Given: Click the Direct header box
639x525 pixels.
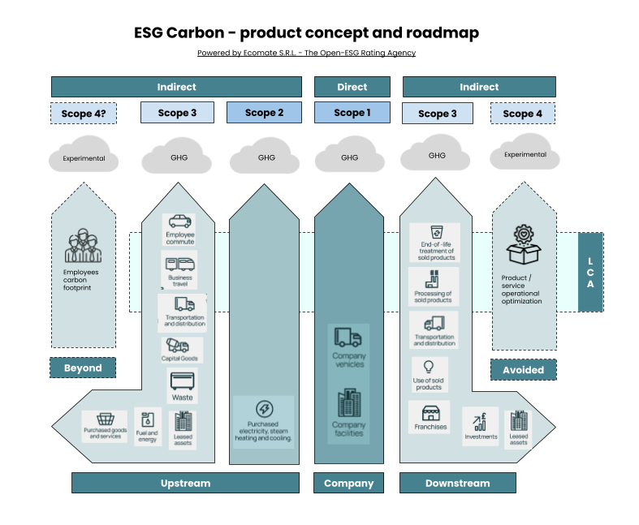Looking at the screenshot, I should point(352,87).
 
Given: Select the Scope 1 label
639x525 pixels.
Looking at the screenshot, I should point(352,113).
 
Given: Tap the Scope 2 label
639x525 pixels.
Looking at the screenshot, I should point(264,113).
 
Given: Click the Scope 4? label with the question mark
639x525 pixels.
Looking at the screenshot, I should point(83,114).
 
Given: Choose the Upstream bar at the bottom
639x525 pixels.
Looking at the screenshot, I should point(185,483).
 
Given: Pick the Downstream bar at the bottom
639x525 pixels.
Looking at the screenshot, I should point(457,483).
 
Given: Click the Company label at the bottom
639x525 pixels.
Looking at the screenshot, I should point(348,483).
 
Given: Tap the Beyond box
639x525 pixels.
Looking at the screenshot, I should point(83,368).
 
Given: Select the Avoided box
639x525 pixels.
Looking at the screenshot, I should point(523,370).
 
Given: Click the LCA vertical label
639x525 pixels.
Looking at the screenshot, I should point(590,273).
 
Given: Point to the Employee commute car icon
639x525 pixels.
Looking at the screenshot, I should point(179,222).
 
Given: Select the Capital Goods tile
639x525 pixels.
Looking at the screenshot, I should point(180,350).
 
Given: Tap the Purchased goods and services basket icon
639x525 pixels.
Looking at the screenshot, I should point(105,420).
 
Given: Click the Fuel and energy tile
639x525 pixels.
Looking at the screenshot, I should point(148,427).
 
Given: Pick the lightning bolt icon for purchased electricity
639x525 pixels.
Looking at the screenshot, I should point(264,409).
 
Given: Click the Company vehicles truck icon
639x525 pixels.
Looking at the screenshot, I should point(348,337).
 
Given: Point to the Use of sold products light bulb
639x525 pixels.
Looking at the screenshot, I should point(429,367).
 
